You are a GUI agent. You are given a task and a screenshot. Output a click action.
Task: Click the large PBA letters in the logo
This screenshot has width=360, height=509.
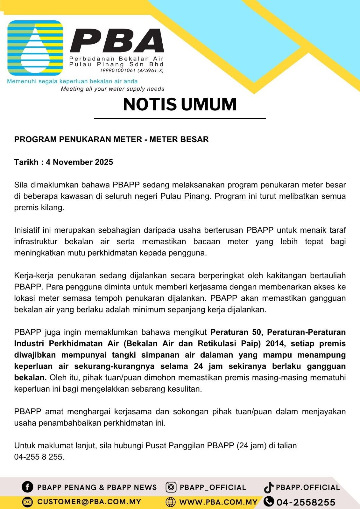(117, 40)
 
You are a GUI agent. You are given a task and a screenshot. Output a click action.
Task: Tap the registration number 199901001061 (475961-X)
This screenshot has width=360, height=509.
(132, 71)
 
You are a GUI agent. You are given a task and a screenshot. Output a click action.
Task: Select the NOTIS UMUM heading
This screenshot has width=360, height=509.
(180, 104)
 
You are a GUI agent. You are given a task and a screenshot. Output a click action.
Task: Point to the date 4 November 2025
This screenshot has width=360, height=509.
(79, 162)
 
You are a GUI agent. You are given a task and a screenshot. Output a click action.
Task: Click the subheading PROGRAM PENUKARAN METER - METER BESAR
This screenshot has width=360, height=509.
(111, 139)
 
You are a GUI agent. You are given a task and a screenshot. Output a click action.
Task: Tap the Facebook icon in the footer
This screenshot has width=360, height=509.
(27, 487)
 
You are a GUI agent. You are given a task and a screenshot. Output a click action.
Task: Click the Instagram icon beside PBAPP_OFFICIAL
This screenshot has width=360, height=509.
(171, 487)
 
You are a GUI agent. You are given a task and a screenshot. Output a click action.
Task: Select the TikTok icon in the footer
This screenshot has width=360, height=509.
(269, 487)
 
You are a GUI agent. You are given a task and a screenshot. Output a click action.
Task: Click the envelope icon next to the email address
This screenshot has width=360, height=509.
(28, 502)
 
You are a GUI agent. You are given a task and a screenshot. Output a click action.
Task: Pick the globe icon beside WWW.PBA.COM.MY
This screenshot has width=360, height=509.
(171, 502)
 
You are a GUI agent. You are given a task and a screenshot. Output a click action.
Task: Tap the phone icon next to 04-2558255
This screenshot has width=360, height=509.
(269, 501)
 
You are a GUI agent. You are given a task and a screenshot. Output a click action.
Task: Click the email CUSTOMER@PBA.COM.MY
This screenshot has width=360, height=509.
(89, 502)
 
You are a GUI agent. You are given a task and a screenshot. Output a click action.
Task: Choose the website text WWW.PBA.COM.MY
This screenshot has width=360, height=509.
(218, 502)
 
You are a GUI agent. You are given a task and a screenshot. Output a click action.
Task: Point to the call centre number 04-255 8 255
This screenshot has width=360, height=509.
(39, 457)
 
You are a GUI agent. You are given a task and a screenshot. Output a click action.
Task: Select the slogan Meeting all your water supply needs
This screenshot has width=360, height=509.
(113, 89)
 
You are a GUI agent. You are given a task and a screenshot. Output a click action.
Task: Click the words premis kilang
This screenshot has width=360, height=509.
(39, 208)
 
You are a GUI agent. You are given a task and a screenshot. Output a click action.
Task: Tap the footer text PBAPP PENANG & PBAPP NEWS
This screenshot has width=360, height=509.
(97, 487)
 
